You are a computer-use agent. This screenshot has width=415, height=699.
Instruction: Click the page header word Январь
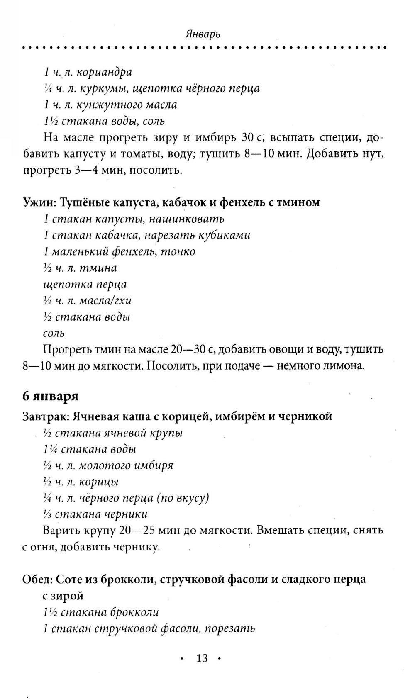tap(203, 34)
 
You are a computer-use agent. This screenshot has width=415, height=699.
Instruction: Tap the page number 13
tap(202, 658)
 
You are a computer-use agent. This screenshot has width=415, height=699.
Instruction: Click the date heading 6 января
tap(50, 396)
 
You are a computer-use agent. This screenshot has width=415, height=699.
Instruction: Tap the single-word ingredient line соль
tap(54, 333)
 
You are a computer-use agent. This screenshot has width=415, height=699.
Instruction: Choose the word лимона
tap(344, 366)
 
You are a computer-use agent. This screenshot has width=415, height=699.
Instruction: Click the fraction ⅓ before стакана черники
tap(47, 514)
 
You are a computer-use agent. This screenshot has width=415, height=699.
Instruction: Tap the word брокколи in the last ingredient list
tap(135, 612)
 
